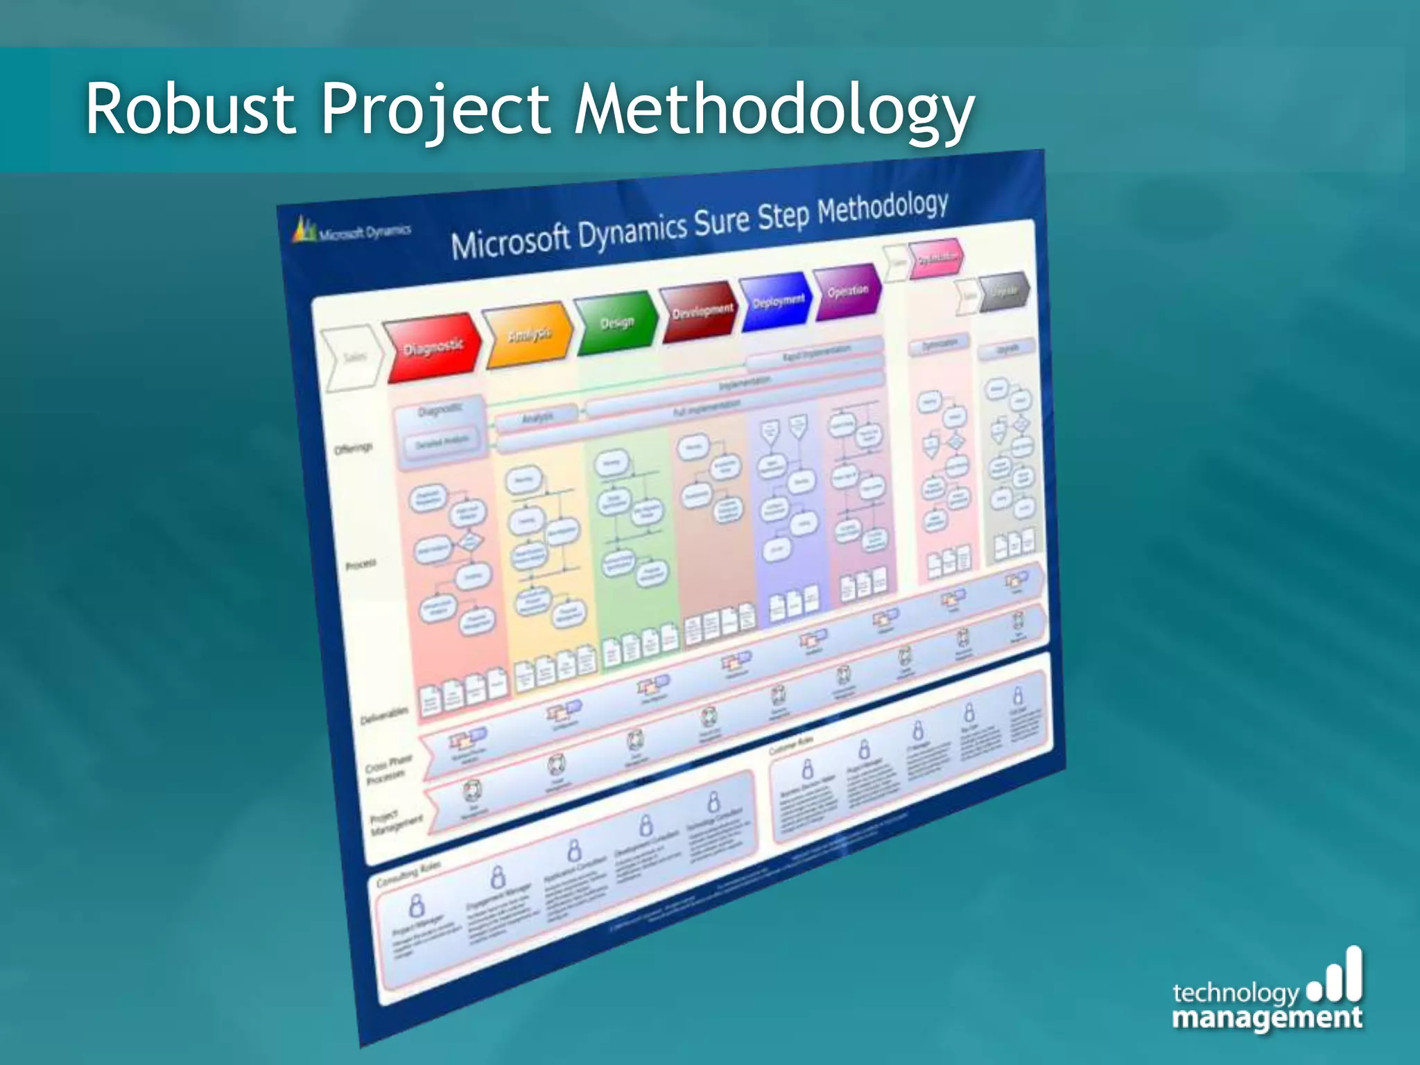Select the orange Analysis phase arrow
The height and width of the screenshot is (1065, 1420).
click(x=528, y=335)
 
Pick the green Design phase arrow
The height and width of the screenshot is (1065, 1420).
click(x=616, y=322)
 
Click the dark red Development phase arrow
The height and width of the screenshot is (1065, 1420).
click(x=700, y=311)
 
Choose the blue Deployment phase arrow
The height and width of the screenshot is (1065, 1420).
click(x=777, y=301)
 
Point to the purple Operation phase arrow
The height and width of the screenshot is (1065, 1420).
click(x=847, y=291)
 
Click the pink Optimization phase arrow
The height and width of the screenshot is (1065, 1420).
click(x=936, y=258)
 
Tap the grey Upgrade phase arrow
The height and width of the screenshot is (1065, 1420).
click(x=1003, y=291)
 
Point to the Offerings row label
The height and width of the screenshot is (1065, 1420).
click(x=354, y=449)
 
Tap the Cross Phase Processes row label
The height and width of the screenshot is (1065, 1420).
click(x=388, y=768)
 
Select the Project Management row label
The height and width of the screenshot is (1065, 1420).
click(x=395, y=823)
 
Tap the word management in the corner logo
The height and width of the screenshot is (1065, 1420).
click(x=1266, y=1019)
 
